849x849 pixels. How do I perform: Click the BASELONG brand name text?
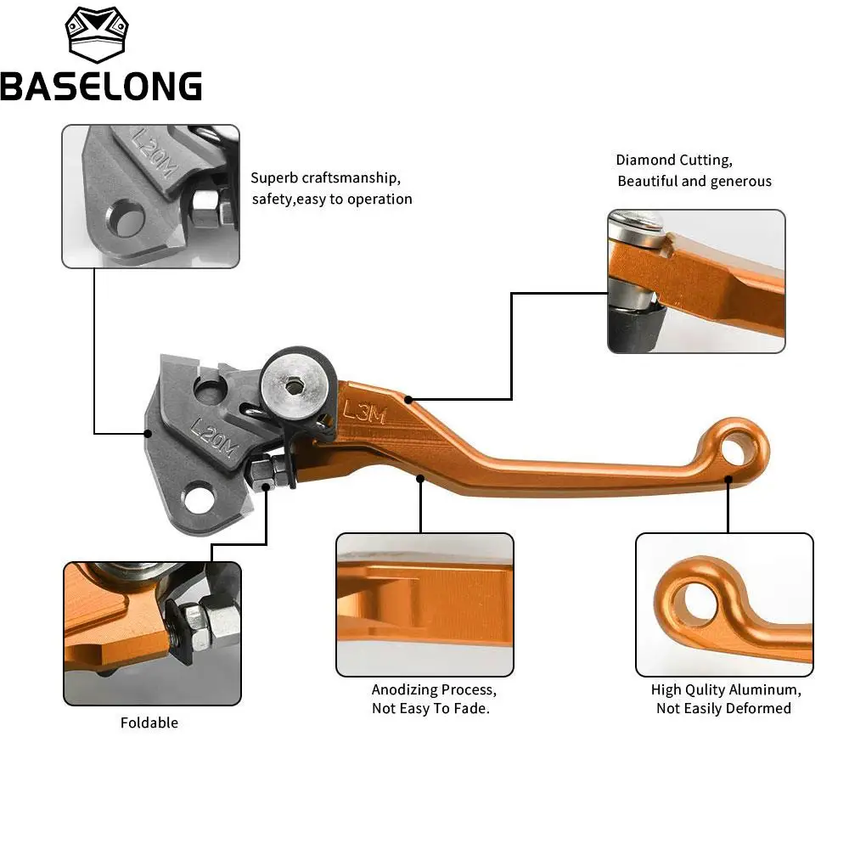pos(101,86)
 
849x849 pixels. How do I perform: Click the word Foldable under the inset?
pos(149,722)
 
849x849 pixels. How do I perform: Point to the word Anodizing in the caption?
pos(403,690)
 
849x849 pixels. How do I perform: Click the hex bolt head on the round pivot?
pos(295,386)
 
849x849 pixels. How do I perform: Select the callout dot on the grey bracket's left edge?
pos(148,433)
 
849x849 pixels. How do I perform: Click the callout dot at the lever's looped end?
pos(728,480)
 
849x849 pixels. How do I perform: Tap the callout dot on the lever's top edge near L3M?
pos(408,399)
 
